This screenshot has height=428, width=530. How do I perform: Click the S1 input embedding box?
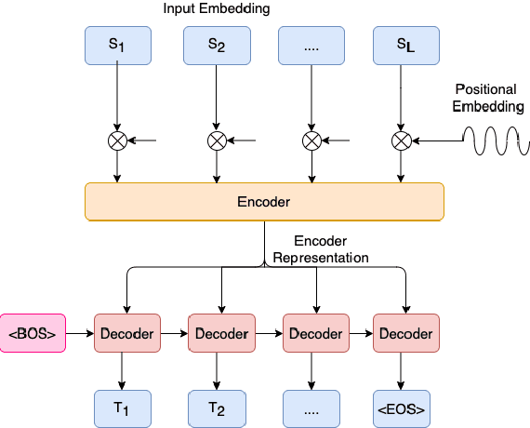118,46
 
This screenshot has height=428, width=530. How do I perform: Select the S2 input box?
217,46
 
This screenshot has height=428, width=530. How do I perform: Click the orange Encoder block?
264,201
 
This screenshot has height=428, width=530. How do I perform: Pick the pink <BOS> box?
33,333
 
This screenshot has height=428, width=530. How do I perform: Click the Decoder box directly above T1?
126,333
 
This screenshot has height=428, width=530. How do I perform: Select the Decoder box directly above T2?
221,333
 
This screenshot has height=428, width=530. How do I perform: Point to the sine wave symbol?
497,141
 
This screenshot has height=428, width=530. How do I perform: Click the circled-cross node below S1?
118,141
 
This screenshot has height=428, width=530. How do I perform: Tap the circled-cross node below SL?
402,141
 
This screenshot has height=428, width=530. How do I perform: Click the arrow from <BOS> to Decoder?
80,333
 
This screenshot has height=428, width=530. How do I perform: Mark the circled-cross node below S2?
217,141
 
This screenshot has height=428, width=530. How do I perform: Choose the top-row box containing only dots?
311,46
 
